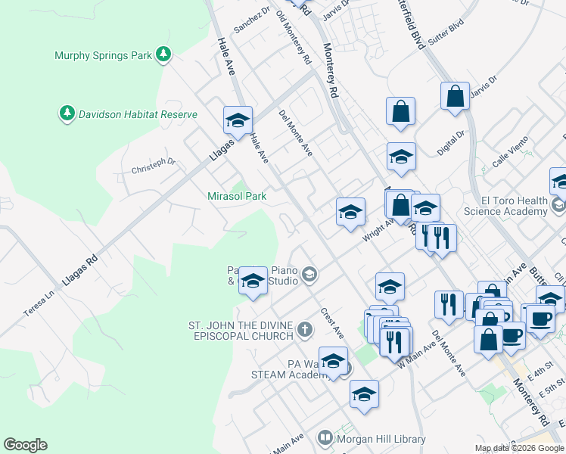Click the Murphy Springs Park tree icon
(x=163, y=54)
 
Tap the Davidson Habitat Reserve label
(x=135, y=114)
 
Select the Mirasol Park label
(x=237, y=196)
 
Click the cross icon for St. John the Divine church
(x=304, y=328)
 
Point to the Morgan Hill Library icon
(x=325, y=437)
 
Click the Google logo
(x=25, y=445)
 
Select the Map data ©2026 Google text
(x=518, y=448)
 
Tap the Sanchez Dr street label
(x=251, y=20)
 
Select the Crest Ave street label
(x=331, y=322)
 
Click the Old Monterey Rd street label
(x=294, y=37)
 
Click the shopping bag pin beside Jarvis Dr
(x=455, y=97)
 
